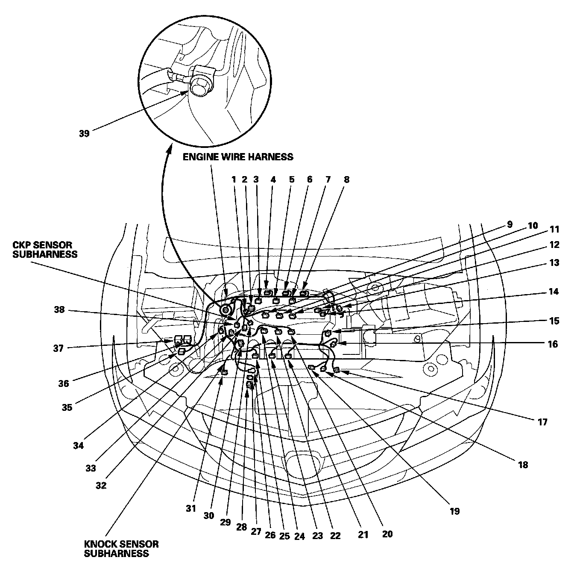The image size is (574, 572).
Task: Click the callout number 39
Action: pos(84,133)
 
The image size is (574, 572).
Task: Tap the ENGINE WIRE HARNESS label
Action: pos(238,157)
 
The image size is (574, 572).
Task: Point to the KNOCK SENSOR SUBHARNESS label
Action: pos(122,549)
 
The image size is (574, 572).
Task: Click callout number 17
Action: pos(542,422)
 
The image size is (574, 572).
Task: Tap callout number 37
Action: pos(59,348)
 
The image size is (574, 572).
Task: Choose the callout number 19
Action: pos(454,510)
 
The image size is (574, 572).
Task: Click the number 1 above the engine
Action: pos(234,180)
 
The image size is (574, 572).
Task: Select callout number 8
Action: pos(346,180)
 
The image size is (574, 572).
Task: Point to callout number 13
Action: pos(554,263)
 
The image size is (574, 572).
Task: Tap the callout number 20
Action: pos(387,534)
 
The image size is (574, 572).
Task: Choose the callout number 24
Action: pos(299,537)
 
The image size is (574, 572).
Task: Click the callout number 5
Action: pos(292,180)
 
